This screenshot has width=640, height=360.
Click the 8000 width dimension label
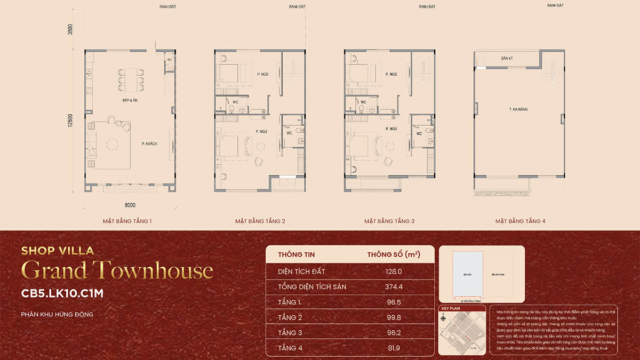[130, 205]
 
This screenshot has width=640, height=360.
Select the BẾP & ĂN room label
[130, 100]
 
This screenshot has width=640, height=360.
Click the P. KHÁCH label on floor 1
[149, 143]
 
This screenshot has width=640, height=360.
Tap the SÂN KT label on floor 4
[507, 58]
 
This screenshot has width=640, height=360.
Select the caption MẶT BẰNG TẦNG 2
[260, 221]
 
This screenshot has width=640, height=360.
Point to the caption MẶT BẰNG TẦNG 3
[389, 221]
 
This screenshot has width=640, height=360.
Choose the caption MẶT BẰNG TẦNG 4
[520, 221]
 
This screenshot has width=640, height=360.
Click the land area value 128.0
[393, 271]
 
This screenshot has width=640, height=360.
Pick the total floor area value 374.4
[393, 286]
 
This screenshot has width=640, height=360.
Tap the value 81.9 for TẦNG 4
[393, 348]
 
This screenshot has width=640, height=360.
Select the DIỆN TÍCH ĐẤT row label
[301, 271]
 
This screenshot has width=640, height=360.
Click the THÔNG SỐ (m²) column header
[393, 254]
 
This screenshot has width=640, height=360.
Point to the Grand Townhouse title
[117, 271]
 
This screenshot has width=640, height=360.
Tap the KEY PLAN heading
[451, 308]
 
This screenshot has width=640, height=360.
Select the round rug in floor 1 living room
[114, 144]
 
